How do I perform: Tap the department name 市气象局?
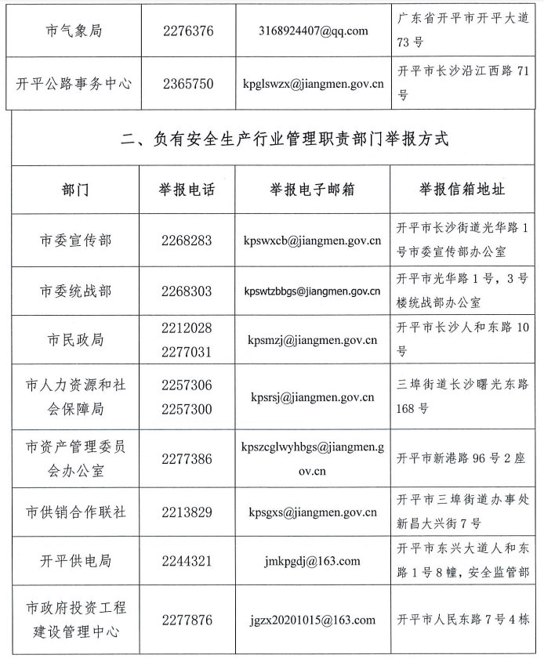pyautogui.click(x=75, y=31)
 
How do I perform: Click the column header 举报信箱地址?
pyautogui.click(x=462, y=190)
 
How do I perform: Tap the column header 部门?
pyautogui.click(x=75, y=190)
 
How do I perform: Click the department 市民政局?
pyautogui.click(x=75, y=340)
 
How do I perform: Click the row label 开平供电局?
pyautogui.click(x=75, y=561)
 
